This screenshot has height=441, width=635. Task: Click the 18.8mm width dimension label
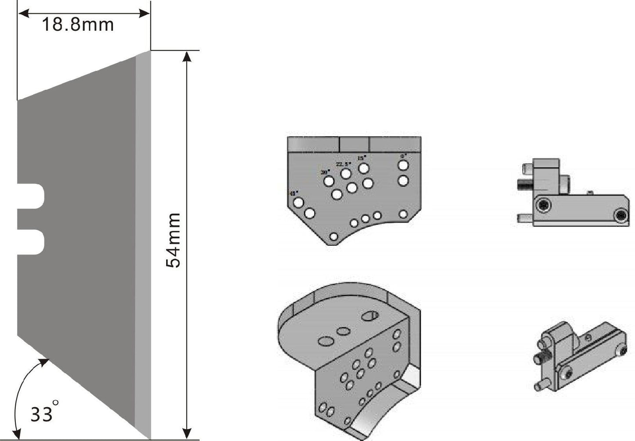78,25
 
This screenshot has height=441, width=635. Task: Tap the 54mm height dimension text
174,241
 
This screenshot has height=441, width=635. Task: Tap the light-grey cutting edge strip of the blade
143,246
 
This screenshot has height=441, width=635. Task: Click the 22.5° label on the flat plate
343,164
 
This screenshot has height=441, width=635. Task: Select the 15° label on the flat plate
362,158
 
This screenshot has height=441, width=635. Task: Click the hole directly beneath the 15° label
363,168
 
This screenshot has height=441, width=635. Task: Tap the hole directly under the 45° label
299,203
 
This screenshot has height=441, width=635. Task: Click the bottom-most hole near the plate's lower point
334,237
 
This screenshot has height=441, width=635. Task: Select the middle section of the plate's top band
355,144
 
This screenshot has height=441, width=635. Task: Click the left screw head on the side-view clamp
544,205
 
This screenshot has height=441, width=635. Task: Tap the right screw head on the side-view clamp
620,215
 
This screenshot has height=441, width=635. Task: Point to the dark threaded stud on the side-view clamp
523,184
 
